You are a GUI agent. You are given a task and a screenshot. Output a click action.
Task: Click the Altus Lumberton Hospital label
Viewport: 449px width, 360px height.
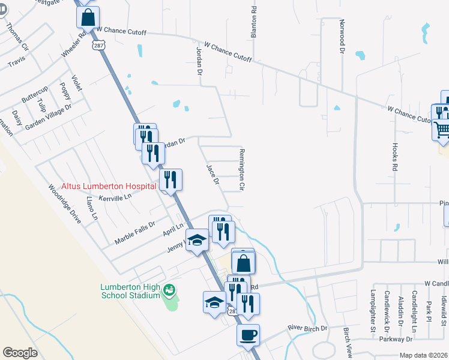click(x=109, y=187)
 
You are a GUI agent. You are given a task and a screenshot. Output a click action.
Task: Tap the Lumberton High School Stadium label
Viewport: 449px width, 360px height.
click(x=130, y=290)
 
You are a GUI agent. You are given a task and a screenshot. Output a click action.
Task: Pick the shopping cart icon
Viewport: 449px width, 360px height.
click(x=442, y=130)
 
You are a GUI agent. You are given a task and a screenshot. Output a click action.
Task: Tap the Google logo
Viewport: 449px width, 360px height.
click(x=20, y=353)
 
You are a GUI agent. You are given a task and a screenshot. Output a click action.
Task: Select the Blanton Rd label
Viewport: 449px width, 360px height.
click(x=254, y=23)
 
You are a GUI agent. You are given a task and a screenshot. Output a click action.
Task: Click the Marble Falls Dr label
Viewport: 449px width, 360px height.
click(x=134, y=232)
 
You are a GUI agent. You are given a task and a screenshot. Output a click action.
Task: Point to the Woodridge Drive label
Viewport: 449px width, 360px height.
click(x=64, y=203)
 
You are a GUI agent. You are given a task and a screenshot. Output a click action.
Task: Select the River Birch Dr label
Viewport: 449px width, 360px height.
click(x=307, y=328)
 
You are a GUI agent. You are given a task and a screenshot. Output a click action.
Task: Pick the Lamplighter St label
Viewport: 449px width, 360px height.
click(x=372, y=310)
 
